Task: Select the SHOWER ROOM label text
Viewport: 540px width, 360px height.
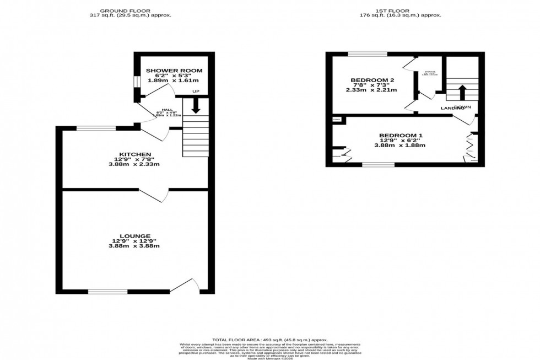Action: point(174,71)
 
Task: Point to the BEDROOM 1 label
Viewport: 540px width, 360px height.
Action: point(402,135)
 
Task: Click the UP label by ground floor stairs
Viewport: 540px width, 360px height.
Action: point(196,92)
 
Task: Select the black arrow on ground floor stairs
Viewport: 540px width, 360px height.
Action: point(195,105)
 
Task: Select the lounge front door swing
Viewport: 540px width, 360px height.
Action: point(184,285)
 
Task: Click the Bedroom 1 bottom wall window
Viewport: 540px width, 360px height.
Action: point(378,164)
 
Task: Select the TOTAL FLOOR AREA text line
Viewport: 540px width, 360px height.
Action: point(270,340)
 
